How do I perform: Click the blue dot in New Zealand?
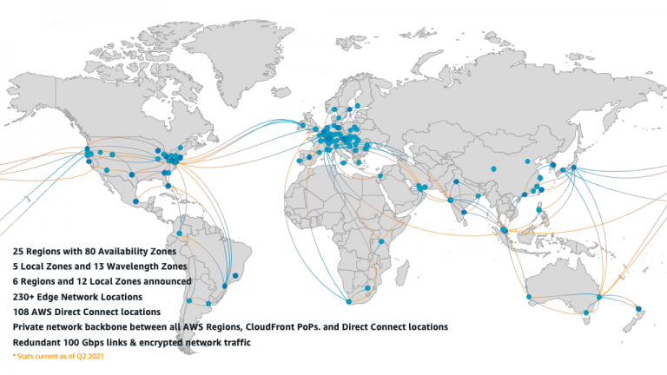tap(638, 308)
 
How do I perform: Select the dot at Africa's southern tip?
tap(348, 302)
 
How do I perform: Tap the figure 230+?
tap(24, 296)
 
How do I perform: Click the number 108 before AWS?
tap(23, 311)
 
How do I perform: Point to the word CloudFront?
tap(280, 326)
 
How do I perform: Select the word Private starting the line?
tap(31, 326)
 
